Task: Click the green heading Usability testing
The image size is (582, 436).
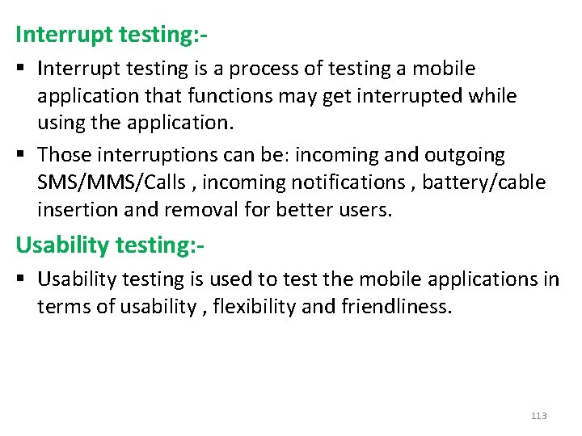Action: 108,244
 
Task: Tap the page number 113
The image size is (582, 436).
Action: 538,416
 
